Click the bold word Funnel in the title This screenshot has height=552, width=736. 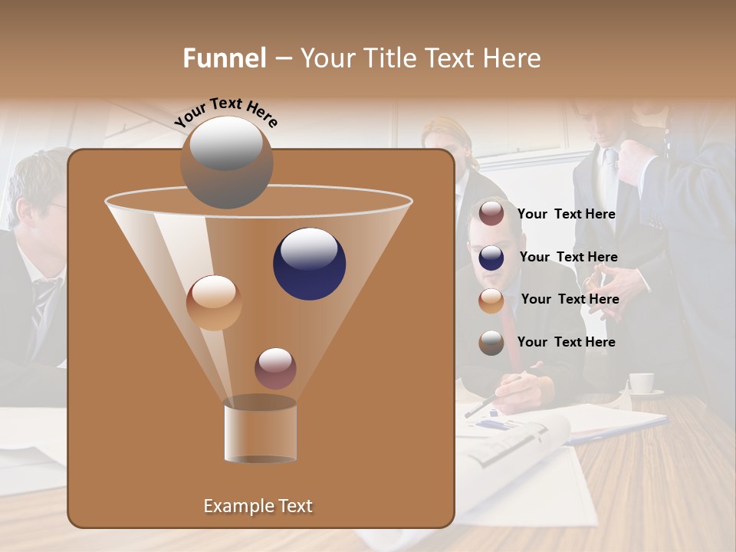(225, 58)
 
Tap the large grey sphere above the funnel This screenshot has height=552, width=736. (226, 163)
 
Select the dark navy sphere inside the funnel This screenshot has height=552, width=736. (309, 264)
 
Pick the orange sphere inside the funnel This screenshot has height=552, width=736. (214, 303)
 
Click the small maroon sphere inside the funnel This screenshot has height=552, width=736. (275, 369)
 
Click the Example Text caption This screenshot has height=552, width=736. (258, 506)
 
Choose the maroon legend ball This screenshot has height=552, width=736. (491, 214)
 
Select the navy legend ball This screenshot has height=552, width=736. (491, 258)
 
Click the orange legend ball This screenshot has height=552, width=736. (491, 300)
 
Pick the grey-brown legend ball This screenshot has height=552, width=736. (491, 343)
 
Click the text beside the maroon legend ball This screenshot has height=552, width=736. (566, 215)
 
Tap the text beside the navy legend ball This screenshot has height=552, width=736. (568, 257)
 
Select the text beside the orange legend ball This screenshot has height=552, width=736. (570, 299)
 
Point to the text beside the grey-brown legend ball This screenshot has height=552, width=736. (566, 342)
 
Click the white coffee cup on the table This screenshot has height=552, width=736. (641, 383)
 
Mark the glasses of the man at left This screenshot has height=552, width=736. (55, 205)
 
